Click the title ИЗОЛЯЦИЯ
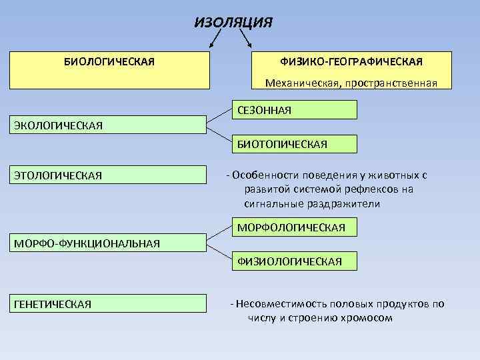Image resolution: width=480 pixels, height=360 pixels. pyautogui.click(x=233, y=22)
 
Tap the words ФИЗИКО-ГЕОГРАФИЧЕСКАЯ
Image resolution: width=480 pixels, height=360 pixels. pyautogui.click(x=351, y=61)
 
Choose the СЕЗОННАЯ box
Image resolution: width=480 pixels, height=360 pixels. pyautogui.click(x=293, y=109)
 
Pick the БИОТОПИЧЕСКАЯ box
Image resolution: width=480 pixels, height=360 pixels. pyautogui.click(x=293, y=144)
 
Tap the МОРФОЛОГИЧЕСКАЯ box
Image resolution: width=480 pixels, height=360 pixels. pyautogui.click(x=293, y=228)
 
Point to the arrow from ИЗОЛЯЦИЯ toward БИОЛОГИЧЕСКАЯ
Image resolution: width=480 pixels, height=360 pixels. pyautogui.click(x=217, y=39)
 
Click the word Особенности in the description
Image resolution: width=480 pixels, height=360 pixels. pyautogui.click(x=259, y=175)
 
